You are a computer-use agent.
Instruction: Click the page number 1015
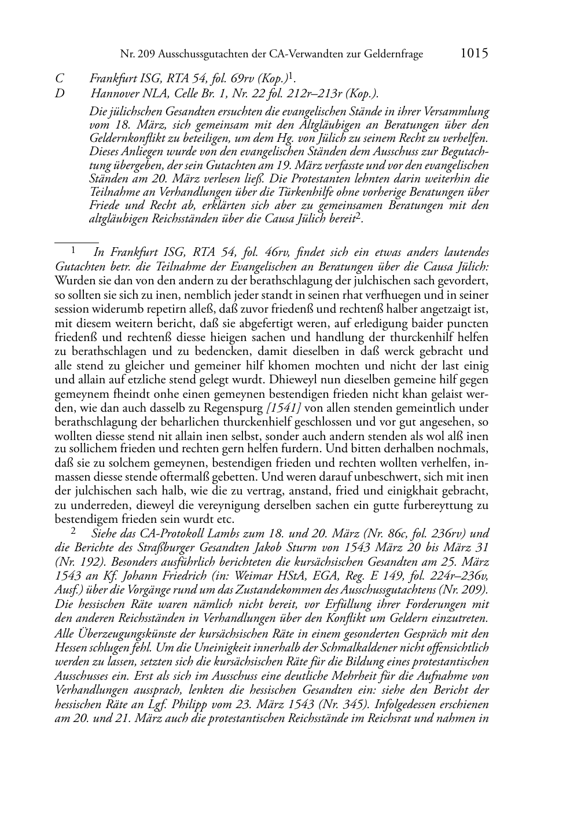(x=475, y=53)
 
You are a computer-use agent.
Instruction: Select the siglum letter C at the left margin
(x=58, y=78)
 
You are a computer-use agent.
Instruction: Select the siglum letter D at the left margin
(x=59, y=93)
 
